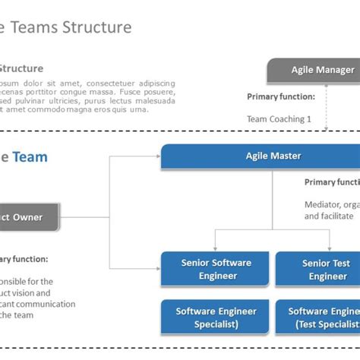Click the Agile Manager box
313,70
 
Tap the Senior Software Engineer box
216,270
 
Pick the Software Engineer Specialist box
216,317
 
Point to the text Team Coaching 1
279,119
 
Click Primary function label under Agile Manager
280,97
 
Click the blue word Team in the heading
30,157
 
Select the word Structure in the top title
94,28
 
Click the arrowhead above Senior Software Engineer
216,248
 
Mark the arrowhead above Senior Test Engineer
330,248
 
